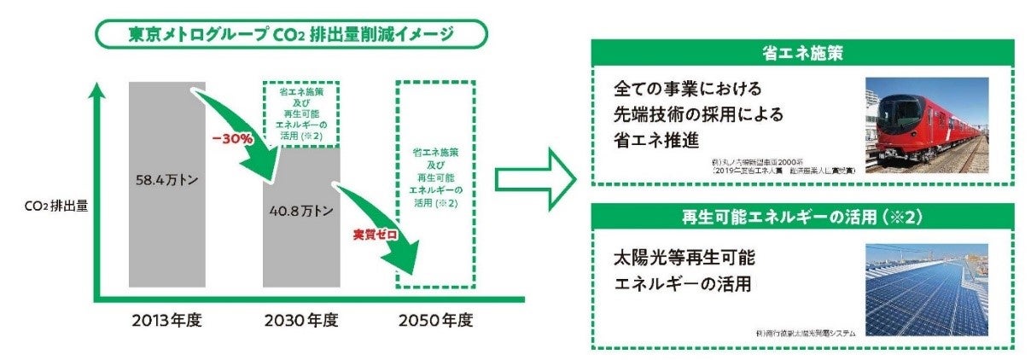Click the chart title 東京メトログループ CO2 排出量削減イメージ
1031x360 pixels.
(x=293, y=34)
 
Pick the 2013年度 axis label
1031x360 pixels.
(x=168, y=322)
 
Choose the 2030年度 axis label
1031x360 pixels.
(x=302, y=322)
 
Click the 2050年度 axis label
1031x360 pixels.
(x=434, y=322)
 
